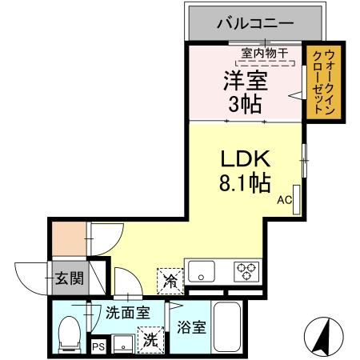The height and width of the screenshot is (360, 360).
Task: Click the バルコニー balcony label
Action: [x=249, y=22]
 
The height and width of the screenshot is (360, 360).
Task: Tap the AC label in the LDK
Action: [x=285, y=202]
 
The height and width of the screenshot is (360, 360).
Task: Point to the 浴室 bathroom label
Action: [x=193, y=328]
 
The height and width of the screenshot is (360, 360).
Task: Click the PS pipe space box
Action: [x=98, y=347]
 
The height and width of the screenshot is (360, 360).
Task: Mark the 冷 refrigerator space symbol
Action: [x=170, y=279]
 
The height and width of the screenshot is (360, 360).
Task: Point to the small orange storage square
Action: [x=67, y=238]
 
